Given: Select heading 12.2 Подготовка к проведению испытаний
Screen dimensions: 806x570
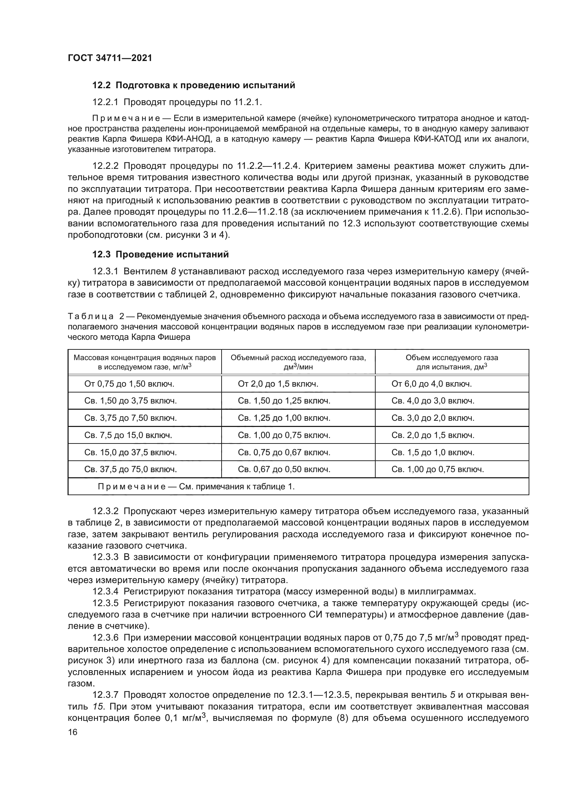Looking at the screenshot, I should pos(193,85).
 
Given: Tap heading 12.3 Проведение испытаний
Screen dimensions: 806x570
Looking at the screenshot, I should pos(160,255).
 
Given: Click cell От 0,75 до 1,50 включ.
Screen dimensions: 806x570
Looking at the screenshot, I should pos(130,384).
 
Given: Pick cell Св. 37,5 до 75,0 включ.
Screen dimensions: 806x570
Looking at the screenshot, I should pos(131,469).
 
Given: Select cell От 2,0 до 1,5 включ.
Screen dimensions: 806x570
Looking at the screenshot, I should pos(278,384).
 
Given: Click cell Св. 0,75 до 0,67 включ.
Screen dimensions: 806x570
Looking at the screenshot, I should pos(284,452).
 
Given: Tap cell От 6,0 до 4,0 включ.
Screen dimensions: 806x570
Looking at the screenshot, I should pos(432,384).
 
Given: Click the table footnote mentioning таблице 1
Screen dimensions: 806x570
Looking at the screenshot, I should pos(196,487).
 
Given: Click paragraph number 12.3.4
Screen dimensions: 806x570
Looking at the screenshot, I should pos(106,592).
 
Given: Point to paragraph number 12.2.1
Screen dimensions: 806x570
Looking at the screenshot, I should pos(106,102).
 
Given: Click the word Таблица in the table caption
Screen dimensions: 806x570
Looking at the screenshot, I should pos(91,316).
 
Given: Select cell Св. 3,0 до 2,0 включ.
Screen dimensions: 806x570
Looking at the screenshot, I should pos(433,418).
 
